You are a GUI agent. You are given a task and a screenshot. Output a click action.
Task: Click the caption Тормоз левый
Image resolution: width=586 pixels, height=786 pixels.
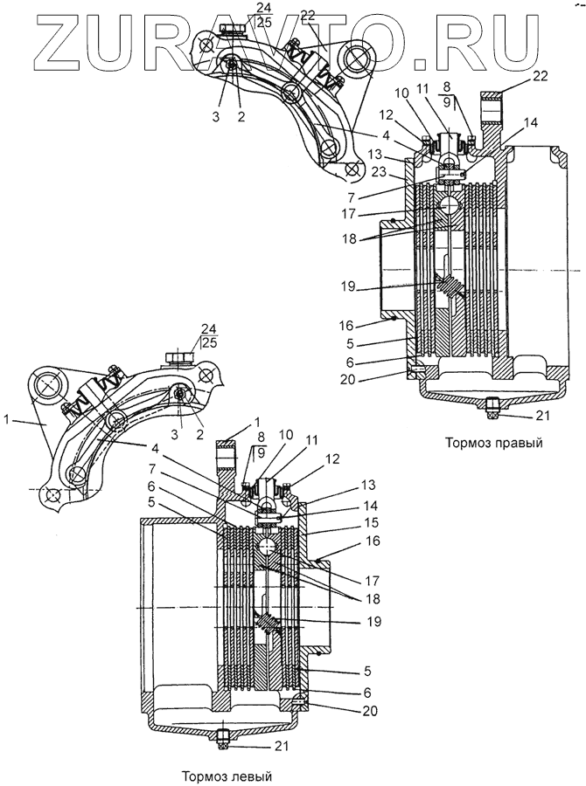pyautogui.click(x=227, y=776)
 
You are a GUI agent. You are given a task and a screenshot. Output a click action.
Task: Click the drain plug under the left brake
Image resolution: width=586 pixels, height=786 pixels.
pyautogui.click(x=222, y=739)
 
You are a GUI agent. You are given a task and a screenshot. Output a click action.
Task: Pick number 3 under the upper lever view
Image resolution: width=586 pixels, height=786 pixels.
pyautogui.click(x=216, y=114)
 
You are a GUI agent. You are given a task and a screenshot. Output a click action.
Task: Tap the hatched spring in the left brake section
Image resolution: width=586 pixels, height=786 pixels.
pyautogui.click(x=269, y=627)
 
